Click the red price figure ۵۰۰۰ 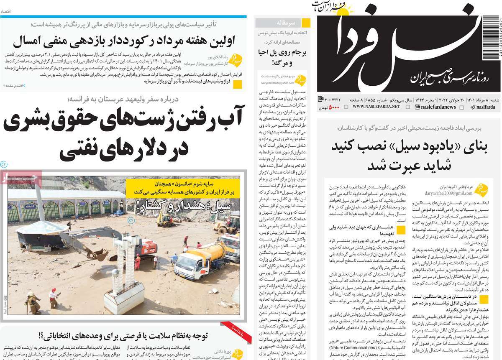[x=334, y=107]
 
